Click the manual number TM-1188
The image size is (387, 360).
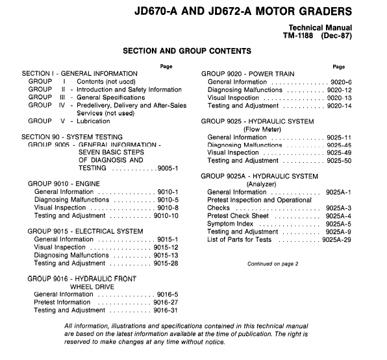pyautogui.click(x=297, y=37)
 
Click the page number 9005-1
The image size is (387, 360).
pyautogui.click(x=168, y=169)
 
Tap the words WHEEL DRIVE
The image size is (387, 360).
pyautogui.click(x=92, y=286)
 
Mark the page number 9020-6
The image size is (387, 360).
pyautogui.click(x=340, y=82)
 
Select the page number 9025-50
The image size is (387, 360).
pyautogui.click(x=338, y=160)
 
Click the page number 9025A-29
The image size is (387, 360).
pyautogui.click(x=336, y=239)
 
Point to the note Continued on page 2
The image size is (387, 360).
pyautogui.click(x=273, y=263)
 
